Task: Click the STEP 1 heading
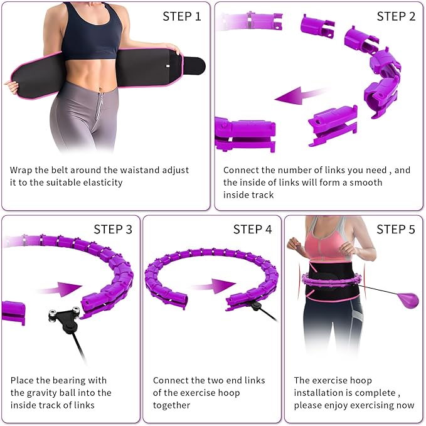tap(182, 16)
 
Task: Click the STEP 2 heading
tap(396, 16)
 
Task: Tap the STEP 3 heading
tap(113, 230)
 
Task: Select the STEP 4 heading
tap(252, 230)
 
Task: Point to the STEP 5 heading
tap(396, 230)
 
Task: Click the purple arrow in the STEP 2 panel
tap(302, 95)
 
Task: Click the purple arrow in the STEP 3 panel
tap(59, 289)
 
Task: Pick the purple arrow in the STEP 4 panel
tap(213, 286)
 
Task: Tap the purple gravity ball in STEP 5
tap(408, 301)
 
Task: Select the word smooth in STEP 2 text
tap(366, 183)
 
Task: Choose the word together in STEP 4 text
tap(172, 405)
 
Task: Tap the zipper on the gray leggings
tap(99, 106)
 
